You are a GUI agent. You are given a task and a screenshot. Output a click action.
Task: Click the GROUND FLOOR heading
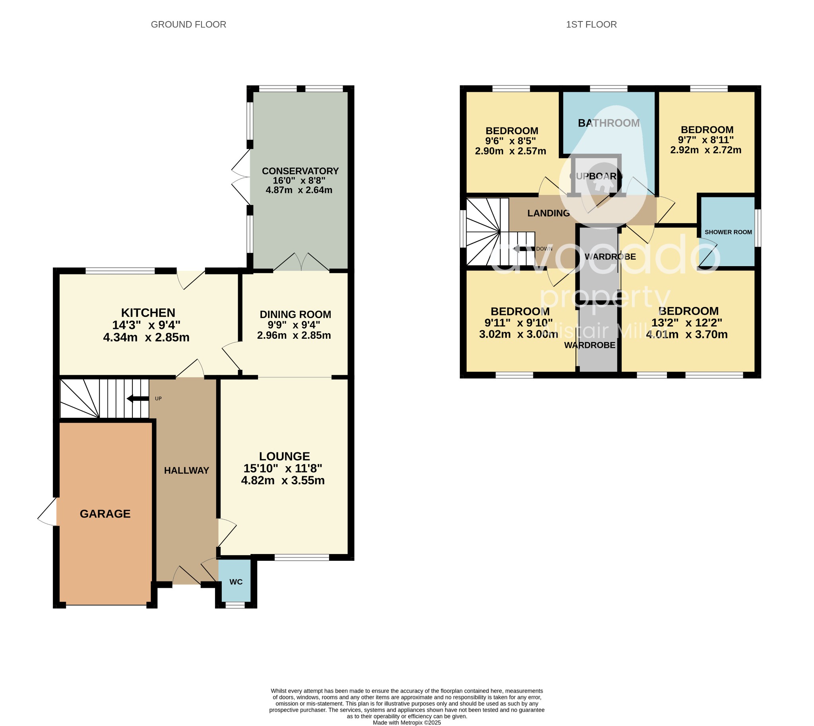188,24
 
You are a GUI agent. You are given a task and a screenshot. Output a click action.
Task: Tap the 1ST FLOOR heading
591,24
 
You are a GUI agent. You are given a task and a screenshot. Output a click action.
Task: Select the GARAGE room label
105,514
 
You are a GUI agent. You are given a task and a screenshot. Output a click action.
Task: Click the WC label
236,582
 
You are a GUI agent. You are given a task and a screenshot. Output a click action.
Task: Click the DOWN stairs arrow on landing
523,249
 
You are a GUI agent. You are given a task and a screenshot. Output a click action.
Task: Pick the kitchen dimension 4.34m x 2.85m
146,338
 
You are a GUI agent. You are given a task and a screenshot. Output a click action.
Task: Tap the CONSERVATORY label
300,171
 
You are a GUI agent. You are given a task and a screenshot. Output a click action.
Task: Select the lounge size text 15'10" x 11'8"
283,468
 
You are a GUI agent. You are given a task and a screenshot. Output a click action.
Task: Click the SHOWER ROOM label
728,232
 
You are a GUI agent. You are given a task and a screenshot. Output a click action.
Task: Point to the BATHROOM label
609,123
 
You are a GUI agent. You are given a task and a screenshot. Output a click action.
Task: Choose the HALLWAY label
186,471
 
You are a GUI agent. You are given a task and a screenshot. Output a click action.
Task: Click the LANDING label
548,213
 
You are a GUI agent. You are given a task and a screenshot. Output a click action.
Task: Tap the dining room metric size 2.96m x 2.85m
294,336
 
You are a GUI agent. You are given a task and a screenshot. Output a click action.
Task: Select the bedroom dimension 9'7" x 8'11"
706,140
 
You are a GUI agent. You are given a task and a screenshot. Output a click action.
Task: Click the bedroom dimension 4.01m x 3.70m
687,334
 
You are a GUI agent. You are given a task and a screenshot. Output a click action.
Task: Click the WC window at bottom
235,606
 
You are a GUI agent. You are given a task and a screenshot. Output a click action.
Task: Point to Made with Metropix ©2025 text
407,722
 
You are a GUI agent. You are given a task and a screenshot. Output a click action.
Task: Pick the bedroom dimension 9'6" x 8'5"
510,141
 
